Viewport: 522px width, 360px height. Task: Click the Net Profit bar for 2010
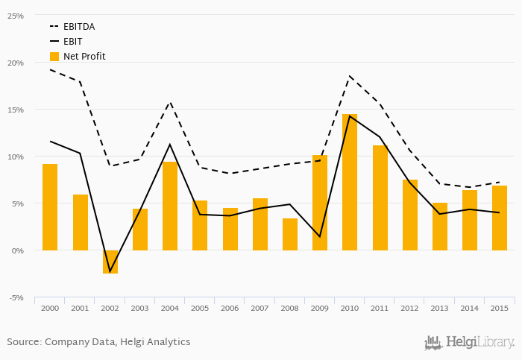(350, 183)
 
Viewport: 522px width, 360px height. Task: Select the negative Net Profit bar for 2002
(110, 262)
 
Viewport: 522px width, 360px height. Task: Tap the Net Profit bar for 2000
(50, 207)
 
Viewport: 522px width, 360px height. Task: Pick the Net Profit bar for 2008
(290, 234)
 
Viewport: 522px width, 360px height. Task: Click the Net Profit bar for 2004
(170, 206)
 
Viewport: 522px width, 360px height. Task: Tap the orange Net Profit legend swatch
(54, 57)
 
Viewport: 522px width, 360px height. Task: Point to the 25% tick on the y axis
(15, 16)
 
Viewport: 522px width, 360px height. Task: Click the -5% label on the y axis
(16, 297)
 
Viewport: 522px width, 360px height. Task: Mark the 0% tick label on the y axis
(17, 250)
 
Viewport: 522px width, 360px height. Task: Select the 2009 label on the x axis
(320, 308)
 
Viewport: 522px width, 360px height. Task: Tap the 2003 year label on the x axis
(140, 308)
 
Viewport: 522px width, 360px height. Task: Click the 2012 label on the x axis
(409, 308)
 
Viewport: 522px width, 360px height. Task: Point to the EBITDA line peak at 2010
(350, 76)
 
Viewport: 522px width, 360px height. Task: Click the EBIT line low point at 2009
(320, 237)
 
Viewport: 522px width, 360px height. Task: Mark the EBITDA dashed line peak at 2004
(170, 102)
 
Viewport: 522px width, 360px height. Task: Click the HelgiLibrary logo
(469, 342)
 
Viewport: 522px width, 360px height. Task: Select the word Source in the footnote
(23, 342)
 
